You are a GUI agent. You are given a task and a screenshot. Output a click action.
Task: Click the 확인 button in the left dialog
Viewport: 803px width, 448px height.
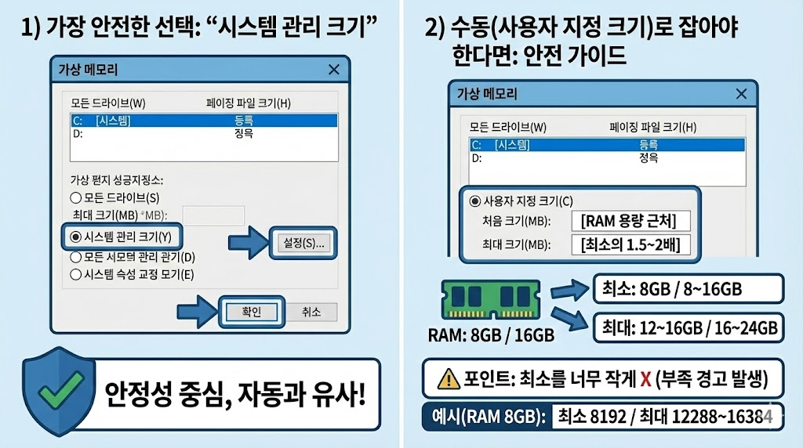[250, 312]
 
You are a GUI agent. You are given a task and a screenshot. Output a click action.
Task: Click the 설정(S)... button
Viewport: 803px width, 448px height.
[304, 243]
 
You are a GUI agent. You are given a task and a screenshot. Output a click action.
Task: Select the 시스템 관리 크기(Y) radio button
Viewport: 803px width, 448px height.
[76, 237]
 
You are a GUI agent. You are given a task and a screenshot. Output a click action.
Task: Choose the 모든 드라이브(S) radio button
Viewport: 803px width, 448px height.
[76, 198]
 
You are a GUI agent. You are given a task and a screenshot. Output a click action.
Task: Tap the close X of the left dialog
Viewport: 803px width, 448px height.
[334, 70]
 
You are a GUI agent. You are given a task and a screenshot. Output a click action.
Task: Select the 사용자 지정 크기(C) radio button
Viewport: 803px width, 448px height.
[475, 201]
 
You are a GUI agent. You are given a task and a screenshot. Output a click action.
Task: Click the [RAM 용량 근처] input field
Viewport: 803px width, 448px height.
[629, 221]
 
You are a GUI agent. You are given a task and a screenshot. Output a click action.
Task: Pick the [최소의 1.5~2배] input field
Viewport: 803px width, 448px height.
[629, 245]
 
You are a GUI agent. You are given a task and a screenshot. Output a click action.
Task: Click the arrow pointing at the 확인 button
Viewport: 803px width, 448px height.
[198, 311]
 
